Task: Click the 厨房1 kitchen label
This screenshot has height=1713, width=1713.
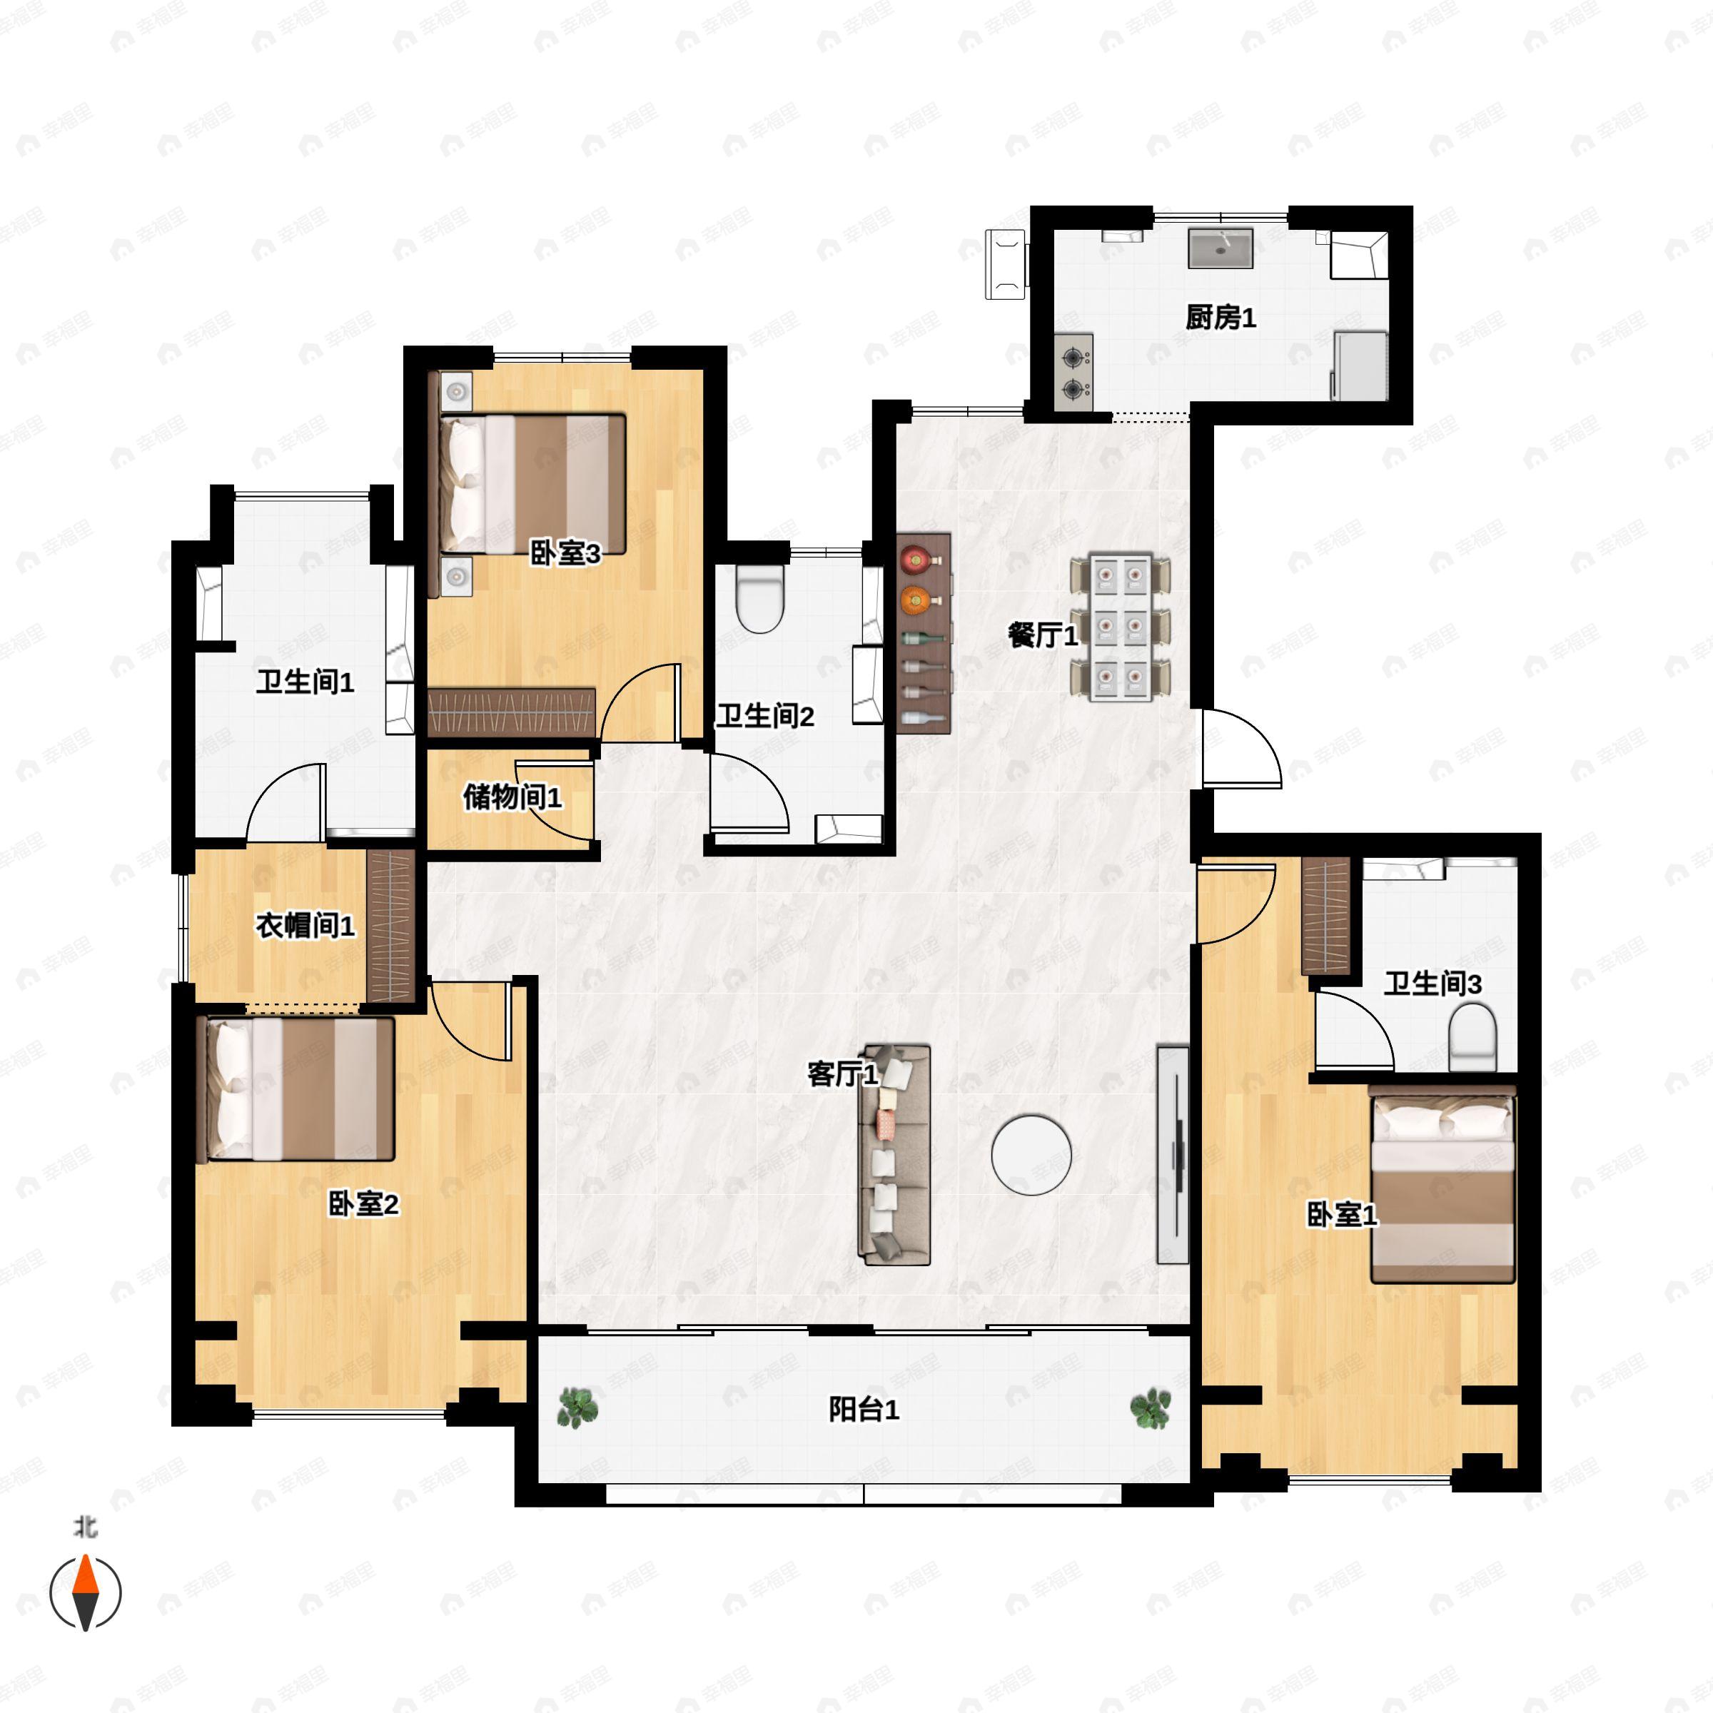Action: pos(1221,318)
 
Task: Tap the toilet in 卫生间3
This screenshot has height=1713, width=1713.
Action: pos(1472,1036)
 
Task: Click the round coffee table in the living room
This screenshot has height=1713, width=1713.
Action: pos(1031,1156)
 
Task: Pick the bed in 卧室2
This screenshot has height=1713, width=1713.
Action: pos(295,1090)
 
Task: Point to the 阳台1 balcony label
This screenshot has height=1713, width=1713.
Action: pos(864,1410)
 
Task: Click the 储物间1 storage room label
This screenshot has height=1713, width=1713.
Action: pos(512,797)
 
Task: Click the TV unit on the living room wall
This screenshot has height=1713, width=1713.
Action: pos(1172,1154)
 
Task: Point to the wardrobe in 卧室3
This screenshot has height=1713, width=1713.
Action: pos(512,712)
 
